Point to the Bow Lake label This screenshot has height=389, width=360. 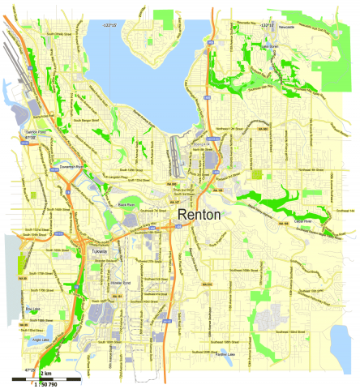coord(33,309)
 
